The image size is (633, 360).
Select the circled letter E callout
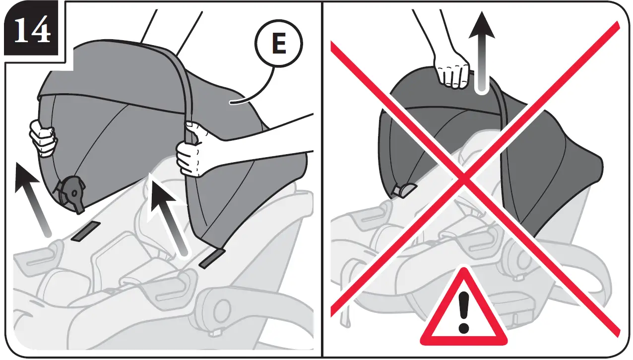click(x=279, y=45)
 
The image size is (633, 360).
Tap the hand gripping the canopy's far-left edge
click(x=43, y=138)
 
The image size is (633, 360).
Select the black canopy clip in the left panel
click(x=70, y=190)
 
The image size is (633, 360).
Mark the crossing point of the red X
click(x=464, y=178)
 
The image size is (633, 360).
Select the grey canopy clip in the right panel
click(x=404, y=189)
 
